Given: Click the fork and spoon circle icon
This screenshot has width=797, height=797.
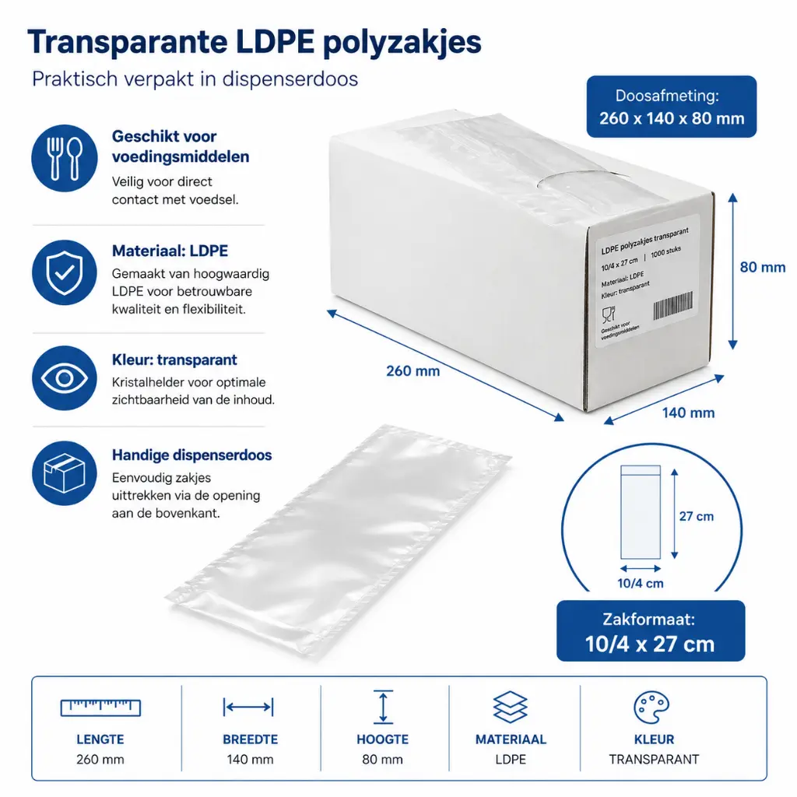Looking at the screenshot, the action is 64,158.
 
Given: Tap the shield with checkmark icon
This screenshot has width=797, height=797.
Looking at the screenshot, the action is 64,272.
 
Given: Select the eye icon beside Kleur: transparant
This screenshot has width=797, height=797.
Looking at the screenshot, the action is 64,378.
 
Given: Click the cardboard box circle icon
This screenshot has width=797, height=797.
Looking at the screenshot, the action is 64,473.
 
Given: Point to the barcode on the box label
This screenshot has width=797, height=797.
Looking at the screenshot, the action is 672,305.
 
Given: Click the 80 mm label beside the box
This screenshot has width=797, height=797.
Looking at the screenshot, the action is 762,267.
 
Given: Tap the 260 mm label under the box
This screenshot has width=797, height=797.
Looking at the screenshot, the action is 413,371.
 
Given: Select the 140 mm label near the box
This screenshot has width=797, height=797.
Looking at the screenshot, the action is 688,413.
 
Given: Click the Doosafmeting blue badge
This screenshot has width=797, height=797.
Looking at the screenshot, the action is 672,107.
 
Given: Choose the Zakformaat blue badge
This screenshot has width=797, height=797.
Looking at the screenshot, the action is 651,630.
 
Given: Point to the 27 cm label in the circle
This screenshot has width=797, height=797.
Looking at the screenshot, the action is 697,517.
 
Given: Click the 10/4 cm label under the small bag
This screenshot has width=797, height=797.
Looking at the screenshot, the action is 641,584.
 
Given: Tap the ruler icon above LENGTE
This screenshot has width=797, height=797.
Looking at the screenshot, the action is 100,707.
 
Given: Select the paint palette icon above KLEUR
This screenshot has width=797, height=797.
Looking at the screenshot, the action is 651,707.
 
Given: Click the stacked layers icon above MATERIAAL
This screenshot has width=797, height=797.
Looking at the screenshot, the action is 511,707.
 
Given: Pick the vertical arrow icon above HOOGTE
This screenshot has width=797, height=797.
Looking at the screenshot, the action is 383,707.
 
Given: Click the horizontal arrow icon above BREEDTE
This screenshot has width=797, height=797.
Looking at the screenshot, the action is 248,707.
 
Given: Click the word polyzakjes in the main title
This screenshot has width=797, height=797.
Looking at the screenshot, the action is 402,42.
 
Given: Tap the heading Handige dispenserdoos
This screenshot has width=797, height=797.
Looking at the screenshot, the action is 192,455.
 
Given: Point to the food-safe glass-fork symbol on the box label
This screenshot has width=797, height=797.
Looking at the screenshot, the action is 609,314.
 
